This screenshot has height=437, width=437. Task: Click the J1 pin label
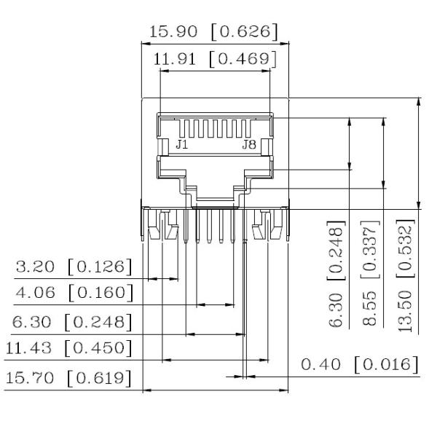pyautogui.click(x=181, y=145)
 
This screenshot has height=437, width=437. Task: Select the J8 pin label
pyautogui.click(x=249, y=145)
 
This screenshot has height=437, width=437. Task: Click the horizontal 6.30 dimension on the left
pyautogui.click(x=35, y=321)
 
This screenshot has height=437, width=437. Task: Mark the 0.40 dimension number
pyautogui.click(x=322, y=363)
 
